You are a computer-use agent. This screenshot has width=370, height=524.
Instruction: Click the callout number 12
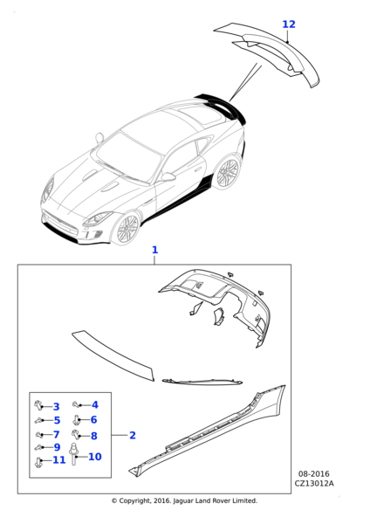(x=289, y=24)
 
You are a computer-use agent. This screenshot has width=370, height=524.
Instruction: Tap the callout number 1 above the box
(x=154, y=250)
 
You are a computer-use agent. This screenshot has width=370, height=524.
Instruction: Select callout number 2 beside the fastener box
(x=133, y=435)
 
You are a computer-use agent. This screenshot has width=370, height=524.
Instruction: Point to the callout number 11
(x=59, y=460)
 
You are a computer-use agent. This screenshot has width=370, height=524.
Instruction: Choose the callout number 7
(x=57, y=434)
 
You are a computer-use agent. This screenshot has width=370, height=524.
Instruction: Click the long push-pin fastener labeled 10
(x=73, y=453)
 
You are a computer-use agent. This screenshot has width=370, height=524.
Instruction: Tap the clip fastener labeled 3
(x=39, y=405)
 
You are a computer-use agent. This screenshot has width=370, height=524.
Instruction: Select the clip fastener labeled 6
(x=77, y=420)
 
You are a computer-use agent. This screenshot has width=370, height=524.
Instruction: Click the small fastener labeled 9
(x=38, y=447)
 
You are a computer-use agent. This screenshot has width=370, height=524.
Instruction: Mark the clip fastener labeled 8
(x=76, y=435)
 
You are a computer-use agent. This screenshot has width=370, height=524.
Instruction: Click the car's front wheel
(x=128, y=228)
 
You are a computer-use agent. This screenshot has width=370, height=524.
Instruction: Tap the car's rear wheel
(x=228, y=173)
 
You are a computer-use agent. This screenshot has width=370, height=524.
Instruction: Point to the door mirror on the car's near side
(x=168, y=176)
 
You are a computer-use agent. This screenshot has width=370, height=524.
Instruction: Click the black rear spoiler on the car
(x=222, y=106)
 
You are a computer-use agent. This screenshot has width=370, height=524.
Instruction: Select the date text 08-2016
(x=313, y=474)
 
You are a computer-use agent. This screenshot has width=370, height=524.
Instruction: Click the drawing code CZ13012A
(x=314, y=483)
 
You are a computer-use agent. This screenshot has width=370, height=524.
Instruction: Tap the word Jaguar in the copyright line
(x=182, y=500)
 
